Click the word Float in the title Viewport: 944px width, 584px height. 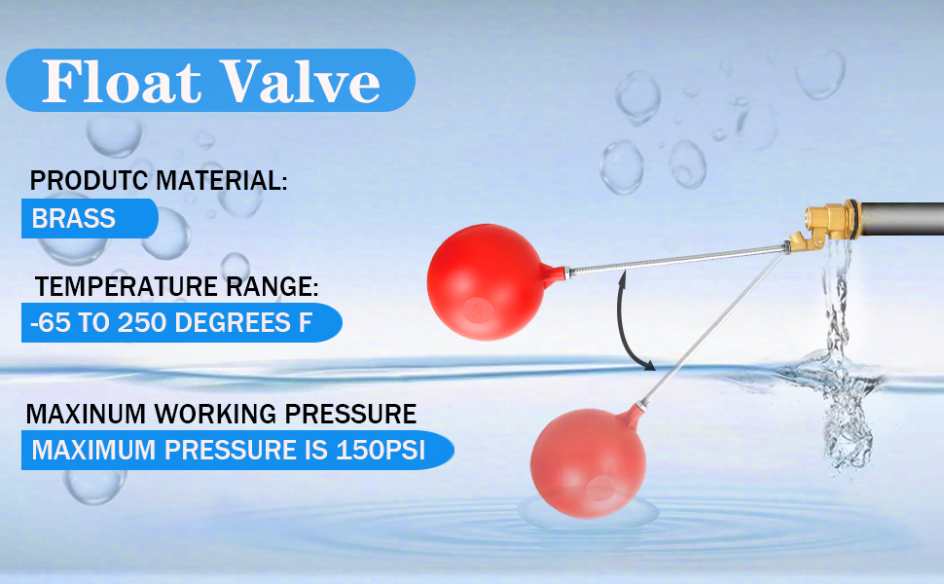coord(121,81)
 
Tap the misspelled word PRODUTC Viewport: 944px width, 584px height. coord(90,181)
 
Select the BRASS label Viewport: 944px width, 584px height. coord(73,219)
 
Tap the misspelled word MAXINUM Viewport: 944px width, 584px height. coord(86,415)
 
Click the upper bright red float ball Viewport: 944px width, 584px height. coord(487,281)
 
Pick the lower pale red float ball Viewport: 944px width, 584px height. coord(588,462)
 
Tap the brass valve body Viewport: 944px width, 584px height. coord(825,225)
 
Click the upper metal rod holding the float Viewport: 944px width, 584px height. coord(676,260)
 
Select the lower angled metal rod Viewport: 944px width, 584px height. coord(712,329)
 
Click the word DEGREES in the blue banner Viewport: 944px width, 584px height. coord(233,323)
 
